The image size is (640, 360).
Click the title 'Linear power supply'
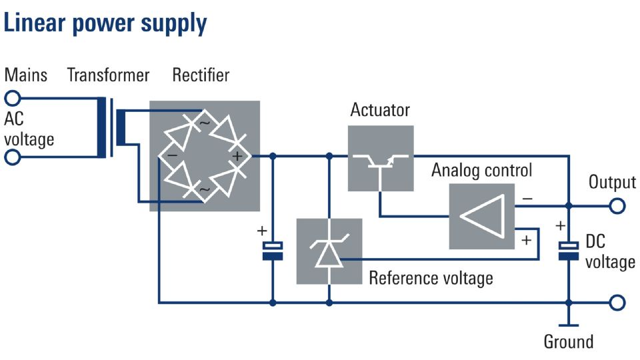pyautogui.click(x=105, y=24)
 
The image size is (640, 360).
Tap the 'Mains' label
pyautogui.click(x=26, y=75)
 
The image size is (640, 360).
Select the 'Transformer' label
pyautogui.click(x=108, y=75)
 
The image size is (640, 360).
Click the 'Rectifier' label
pyautogui.click(x=201, y=75)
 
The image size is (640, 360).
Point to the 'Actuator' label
pyautogui.click(x=380, y=110)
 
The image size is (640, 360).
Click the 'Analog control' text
pyautogui.click(x=481, y=170)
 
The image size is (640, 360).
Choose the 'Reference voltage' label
pyautogui.click(x=431, y=279)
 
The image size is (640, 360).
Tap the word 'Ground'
pyautogui.click(x=569, y=341)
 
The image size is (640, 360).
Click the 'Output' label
pyautogui.click(x=612, y=182)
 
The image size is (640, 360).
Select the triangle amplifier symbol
pyautogui.click(x=481, y=216)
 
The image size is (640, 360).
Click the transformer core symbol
pyautogui.click(x=111, y=127)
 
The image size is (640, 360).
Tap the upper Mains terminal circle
pyautogui.click(x=12, y=99)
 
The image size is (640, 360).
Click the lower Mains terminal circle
pyautogui.click(x=12, y=157)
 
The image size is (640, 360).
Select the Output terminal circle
pyautogui.click(x=617, y=206)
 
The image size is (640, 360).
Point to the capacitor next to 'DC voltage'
pyautogui.click(x=568, y=250)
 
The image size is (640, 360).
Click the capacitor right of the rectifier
pyautogui.click(x=273, y=251)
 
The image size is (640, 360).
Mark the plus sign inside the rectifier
pyautogui.click(x=237, y=156)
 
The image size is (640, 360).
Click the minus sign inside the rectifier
pyautogui.click(x=172, y=155)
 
